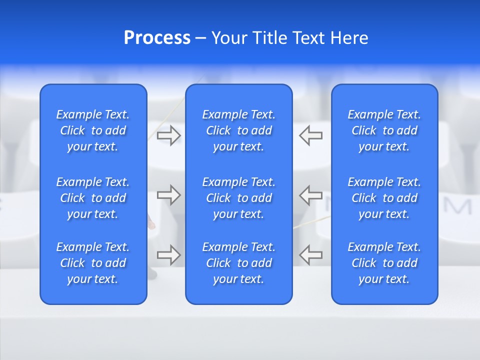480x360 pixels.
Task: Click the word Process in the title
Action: (157, 38)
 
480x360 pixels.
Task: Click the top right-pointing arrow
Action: (168, 135)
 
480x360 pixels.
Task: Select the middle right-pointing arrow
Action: (168, 195)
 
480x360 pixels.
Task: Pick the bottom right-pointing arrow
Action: (168, 255)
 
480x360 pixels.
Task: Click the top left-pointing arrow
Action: (311, 135)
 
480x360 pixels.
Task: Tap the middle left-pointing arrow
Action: (311, 195)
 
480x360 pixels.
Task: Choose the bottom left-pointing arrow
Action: (311, 255)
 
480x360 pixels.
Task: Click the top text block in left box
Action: (93, 130)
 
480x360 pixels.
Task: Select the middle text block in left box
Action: (93, 198)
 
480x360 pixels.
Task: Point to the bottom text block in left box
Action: (93, 263)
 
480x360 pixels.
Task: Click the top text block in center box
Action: (238, 130)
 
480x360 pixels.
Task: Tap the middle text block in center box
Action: (238, 198)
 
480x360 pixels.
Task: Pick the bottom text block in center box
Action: (238, 263)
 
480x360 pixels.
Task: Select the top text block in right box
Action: (384, 130)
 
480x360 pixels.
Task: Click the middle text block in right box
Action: (384, 198)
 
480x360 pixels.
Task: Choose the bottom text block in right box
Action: (384, 263)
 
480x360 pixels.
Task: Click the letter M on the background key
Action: (457, 206)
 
